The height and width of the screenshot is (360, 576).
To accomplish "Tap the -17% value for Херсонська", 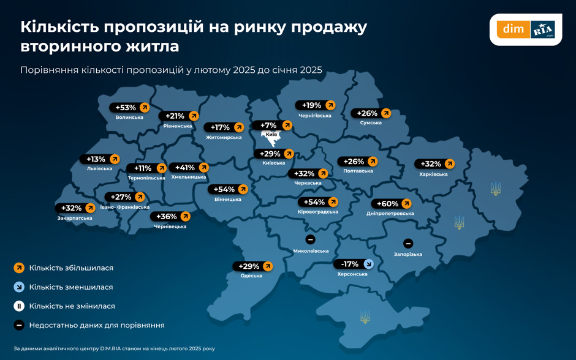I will [x=350, y=264].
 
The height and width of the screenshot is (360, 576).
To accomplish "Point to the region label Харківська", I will [x=433, y=174].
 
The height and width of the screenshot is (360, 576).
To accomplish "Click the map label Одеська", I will [x=251, y=276].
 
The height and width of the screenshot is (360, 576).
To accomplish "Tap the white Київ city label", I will [x=271, y=134].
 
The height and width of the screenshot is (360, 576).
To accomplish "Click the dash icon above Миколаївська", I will [x=311, y=239].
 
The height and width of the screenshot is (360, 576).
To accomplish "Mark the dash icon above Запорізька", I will [x=408, y=243].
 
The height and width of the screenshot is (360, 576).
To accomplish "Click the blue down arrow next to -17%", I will [x=368, y=264].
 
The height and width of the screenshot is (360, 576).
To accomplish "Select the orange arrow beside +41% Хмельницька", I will [x=204, y=167].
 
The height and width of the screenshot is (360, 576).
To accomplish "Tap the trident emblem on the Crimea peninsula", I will [x=365, y=317].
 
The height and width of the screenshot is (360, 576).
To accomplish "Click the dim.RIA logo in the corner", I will [x=526, y=29].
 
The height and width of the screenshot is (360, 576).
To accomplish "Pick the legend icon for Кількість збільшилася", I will [x=19, y=268].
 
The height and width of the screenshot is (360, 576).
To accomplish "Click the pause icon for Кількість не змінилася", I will [x=19, y=306].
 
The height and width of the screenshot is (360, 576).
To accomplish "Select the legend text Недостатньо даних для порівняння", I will [x=97, y=325].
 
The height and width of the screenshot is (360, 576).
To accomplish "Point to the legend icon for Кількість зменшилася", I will [x=19, y=287].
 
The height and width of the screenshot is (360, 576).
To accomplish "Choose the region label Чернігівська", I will [x=315, y=116].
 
